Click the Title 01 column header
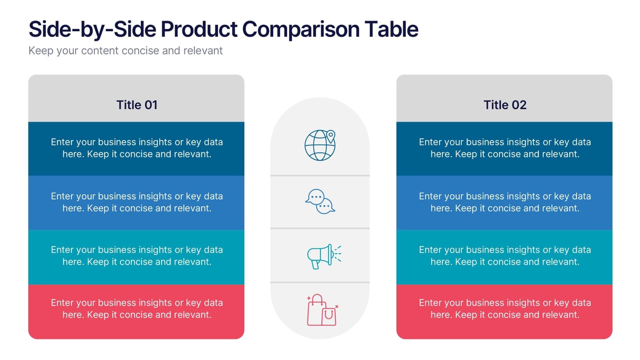point(137,105)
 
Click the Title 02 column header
point(504,105)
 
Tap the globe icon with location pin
point(320,145)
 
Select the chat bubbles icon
point(320,202)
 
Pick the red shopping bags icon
point(322,310)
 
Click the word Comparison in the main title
point(301,29)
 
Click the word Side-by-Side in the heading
point(92,29)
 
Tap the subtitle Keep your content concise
point(125,51)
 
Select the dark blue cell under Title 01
point(136,148)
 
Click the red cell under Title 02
point(504,311)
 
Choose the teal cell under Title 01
point(136,256)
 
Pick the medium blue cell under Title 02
point(504,202)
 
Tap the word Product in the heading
point(199,29)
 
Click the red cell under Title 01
point(136,311)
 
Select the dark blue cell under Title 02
point(504,148)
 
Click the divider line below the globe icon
point(320,176)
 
